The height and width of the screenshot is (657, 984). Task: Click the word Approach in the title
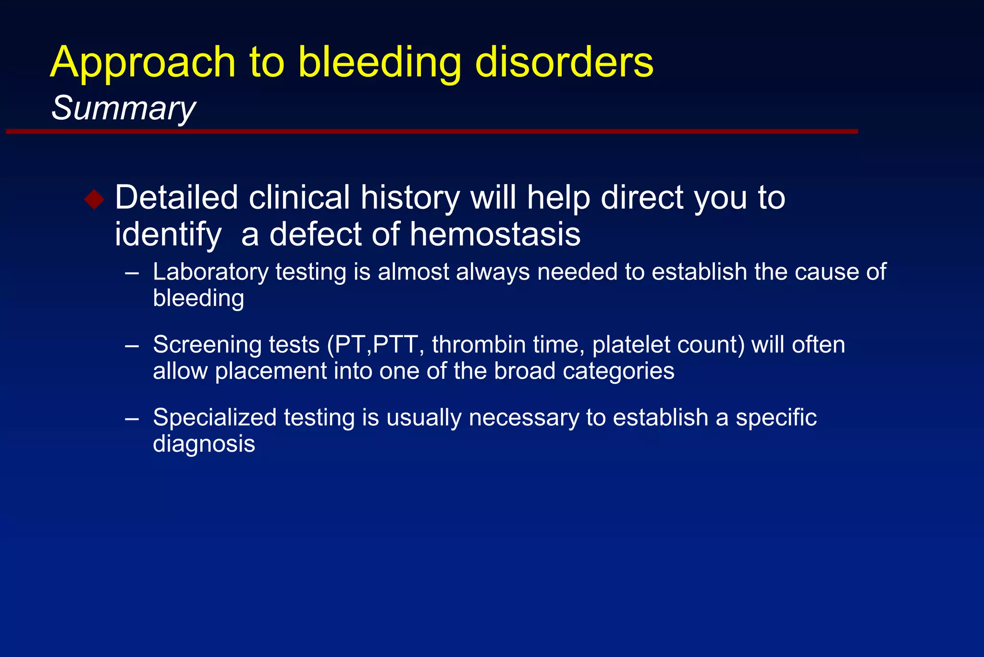click(x=143, y=63)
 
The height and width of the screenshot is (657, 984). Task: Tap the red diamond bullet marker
click(x=94, y=199)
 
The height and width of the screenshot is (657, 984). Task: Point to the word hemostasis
click(x=495, y=235)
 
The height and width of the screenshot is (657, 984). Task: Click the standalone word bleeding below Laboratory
click(x=198, y=299)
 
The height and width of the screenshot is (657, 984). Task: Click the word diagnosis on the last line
click(x=204, y=444)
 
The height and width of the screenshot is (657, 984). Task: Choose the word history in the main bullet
click(x=410, y=198)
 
